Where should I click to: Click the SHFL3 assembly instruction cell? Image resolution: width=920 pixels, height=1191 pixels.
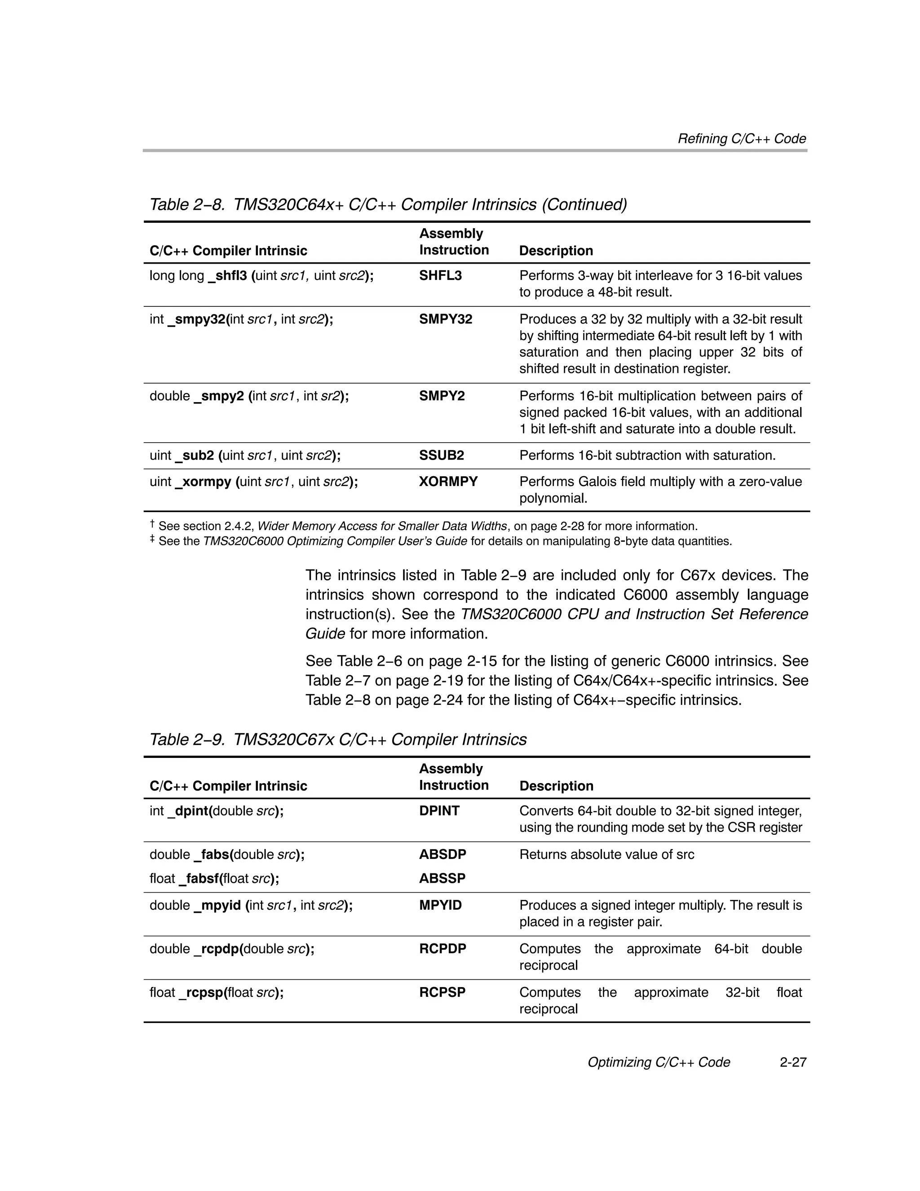(x=440, y=275)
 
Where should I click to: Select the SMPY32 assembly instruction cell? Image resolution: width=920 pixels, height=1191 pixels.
(x=445, y=319)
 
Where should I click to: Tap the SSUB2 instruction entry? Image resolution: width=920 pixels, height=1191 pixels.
(x=441, y=456)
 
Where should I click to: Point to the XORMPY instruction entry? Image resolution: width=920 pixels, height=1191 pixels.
(x=448, y=482)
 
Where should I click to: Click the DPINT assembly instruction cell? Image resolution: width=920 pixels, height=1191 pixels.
(x=439, y=811)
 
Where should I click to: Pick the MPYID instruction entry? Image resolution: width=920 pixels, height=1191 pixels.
(x=440, y=905)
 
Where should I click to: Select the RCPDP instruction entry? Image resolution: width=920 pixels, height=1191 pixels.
(x=442, y=949)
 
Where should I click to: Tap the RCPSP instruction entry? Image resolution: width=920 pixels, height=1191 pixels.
(x=442, y=992)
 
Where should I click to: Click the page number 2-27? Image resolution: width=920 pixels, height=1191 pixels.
(x=792, y=1063)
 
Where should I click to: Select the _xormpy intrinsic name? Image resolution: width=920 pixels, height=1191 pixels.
(x=203, y=482)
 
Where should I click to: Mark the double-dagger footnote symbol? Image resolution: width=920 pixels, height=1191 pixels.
(x=152, y=540)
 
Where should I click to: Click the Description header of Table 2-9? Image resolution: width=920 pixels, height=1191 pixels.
(x=556, y=786)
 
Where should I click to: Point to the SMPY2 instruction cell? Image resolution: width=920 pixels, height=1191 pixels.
(x=441, y=396)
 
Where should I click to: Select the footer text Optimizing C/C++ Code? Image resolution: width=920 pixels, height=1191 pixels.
(x=658, y=1063)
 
